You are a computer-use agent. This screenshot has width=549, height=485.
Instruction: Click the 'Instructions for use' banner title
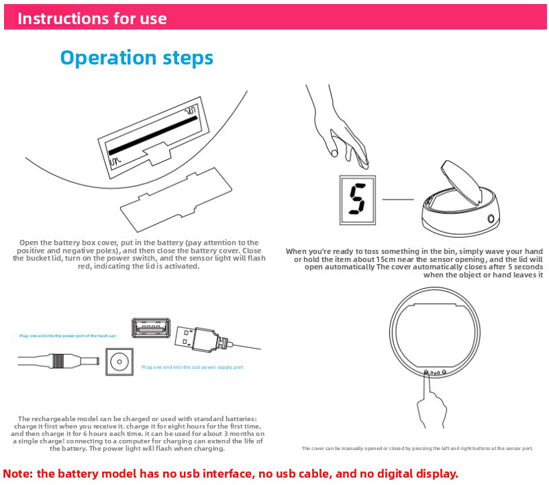(x=92, y=18)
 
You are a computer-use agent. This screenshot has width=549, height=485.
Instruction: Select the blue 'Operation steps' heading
(x=136, y=58)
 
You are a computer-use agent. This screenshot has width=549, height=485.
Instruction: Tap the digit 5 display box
(x=357, y=200)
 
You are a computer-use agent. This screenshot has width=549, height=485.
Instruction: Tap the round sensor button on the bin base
(x=492, y=218)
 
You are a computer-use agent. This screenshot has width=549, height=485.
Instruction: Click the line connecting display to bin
(x=397, y=200)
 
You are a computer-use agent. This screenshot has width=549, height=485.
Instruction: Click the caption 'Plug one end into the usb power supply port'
(x=192, y=367)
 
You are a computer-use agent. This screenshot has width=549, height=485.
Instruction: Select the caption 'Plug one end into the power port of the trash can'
(x=67, y=335)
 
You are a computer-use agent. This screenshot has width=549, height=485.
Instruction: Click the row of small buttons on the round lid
(x=434, y=371)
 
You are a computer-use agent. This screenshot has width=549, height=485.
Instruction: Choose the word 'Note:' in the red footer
(x=18, y=474)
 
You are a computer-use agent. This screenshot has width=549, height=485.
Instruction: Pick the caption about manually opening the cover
(x=417, y=448)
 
